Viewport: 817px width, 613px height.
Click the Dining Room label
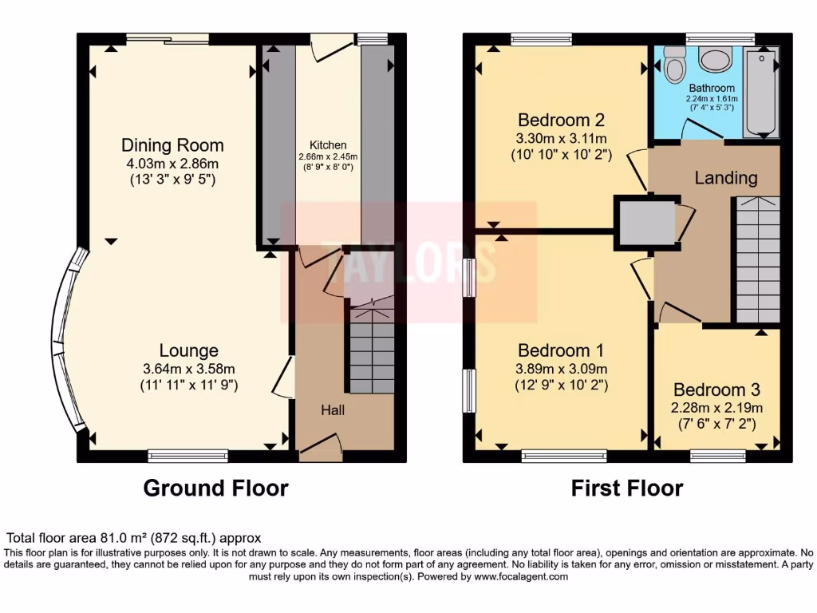(172, 145)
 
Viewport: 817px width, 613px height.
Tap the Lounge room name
(188, 350)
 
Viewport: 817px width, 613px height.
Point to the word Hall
(333, 410)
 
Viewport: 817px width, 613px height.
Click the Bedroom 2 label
(561, 121)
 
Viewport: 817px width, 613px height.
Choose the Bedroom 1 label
(561, 350)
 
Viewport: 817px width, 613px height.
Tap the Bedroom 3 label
(716, 390)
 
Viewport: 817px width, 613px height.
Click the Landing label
(724, 177)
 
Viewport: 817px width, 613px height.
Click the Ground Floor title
(215, 488)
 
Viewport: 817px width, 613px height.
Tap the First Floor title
(627, 488)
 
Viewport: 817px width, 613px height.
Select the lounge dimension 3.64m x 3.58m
(188, 369)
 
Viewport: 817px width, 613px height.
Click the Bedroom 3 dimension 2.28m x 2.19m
(716, 408)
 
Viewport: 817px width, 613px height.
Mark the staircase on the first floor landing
(757, 259)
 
